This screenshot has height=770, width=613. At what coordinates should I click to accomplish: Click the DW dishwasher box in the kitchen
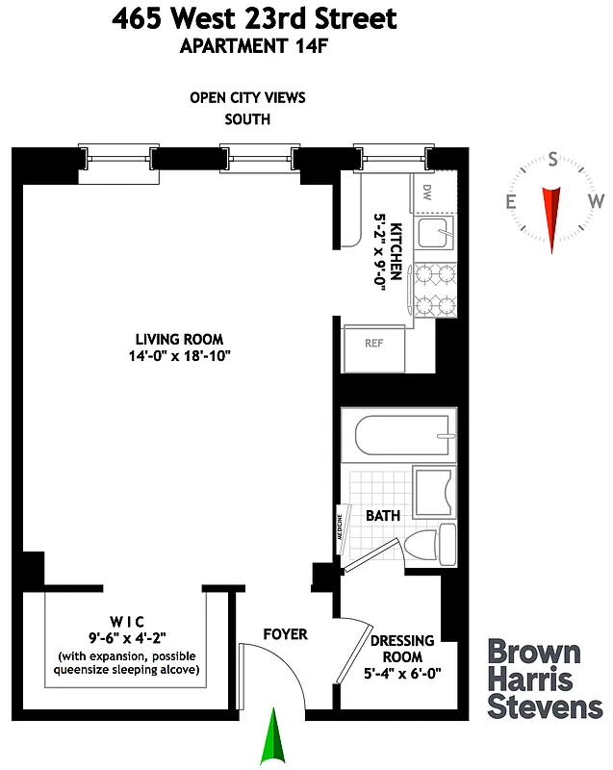coord(425,194)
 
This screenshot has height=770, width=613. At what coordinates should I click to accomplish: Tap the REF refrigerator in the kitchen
coord(374,344)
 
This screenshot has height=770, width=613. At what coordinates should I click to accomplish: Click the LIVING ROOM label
coord(179,339)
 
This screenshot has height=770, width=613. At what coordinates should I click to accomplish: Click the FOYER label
coord(286,634)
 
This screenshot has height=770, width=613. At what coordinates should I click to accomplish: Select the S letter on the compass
coord(552,161)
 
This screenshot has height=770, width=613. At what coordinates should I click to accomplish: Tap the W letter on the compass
coord(596,201)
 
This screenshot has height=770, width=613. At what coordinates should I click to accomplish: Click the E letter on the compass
coord(511,201)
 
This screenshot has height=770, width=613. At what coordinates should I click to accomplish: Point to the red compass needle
coord(552,217)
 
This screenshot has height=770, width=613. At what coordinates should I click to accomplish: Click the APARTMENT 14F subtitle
coord(253,44)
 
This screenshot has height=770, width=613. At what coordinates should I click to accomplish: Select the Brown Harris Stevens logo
coord(545,679)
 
